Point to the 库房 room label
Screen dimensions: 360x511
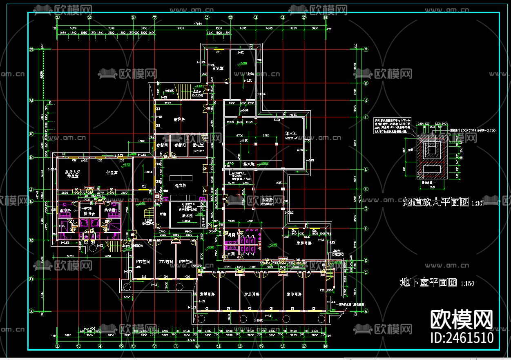[x=162, y=214]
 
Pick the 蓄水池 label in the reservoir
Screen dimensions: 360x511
[x=291, y=134]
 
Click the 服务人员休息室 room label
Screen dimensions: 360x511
[x=73, y=174]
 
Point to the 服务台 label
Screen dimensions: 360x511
[x=89, y=213]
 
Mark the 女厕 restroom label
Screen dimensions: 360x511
[x=231, y=253]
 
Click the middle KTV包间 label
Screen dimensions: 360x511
[x=166, y=262]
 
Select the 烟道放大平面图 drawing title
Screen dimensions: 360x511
[x=435, y=202]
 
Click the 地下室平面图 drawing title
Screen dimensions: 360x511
[x=428, y=282]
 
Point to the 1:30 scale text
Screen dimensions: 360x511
[x=477, y=203]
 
